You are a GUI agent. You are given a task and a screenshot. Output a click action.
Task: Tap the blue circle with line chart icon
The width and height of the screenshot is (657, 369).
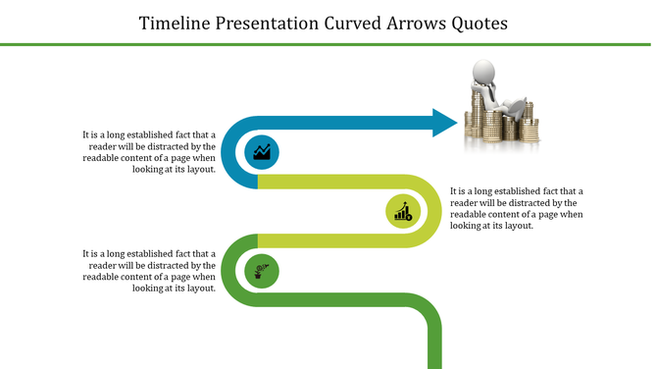click(x=262, y=152)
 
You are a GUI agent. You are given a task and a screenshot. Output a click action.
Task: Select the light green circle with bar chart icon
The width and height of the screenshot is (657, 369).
click(x=403, y=210)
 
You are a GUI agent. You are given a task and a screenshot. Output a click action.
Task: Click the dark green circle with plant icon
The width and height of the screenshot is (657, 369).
click(x=261, y=269)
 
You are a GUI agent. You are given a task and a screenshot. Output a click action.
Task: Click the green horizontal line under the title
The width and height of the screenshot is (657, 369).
click(x=328, y=44)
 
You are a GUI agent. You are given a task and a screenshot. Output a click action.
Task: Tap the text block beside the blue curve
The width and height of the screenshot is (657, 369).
click(x=149, y=152)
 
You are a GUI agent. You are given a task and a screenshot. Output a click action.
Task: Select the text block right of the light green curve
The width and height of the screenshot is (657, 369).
click(x=517, y=208)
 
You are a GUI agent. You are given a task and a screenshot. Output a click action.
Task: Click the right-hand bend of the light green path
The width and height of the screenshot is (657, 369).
click(x=434, y=210)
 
